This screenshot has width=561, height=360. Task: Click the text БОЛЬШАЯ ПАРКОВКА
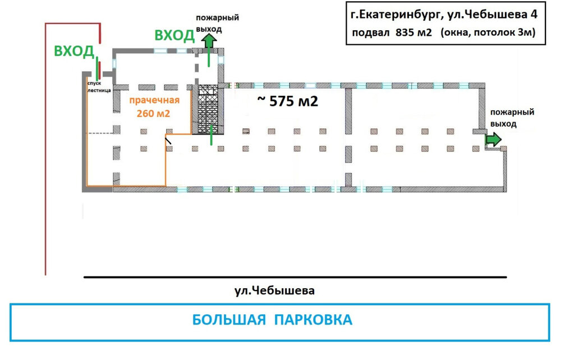(x=272, y=320)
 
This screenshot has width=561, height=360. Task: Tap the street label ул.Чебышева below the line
(x=274, y=291)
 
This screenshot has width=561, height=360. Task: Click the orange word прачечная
(x=154, y=101)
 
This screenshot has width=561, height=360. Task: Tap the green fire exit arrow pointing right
(x=493, y=140)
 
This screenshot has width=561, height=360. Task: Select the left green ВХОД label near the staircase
(x=73, y=51)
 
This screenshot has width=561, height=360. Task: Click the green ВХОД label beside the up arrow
(x=174, y=35)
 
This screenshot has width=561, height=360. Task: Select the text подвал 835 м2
(x=392, y=33)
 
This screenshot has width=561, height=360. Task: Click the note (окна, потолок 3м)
(x=488, y=33)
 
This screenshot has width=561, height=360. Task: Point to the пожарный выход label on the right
(x=511, y=118)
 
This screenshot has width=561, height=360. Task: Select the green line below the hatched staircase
(x=211, y=136)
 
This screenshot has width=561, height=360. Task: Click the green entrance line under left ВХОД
(x=98, y=68)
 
